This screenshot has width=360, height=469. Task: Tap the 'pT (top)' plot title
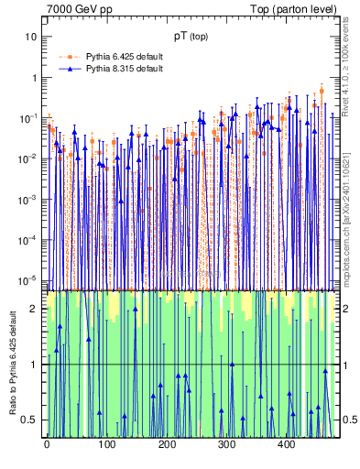click(193, 36)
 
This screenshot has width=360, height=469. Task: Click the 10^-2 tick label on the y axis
click(29, 158)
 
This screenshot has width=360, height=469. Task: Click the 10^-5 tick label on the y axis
click(29, 280)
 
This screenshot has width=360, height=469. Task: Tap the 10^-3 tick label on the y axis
click(29, 199)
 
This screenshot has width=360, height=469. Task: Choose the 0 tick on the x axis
click(47, 444)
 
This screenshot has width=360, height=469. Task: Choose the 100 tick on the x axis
click(106, 444)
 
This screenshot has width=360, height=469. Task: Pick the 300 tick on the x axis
click(226, 444)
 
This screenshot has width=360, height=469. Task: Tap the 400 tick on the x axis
click(286, 444)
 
